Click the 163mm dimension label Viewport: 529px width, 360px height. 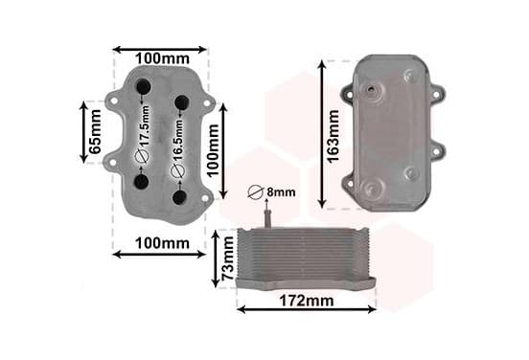333,136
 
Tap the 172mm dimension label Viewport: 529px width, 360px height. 307,301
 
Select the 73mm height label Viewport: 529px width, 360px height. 228,259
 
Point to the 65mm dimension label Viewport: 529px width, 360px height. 95,131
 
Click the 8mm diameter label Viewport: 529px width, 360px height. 281,192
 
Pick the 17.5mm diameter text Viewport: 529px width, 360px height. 145,125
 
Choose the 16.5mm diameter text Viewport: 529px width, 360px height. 178,140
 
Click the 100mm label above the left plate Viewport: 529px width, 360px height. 162,58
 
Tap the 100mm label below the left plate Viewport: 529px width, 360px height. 162,243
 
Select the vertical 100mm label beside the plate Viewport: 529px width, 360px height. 213,150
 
